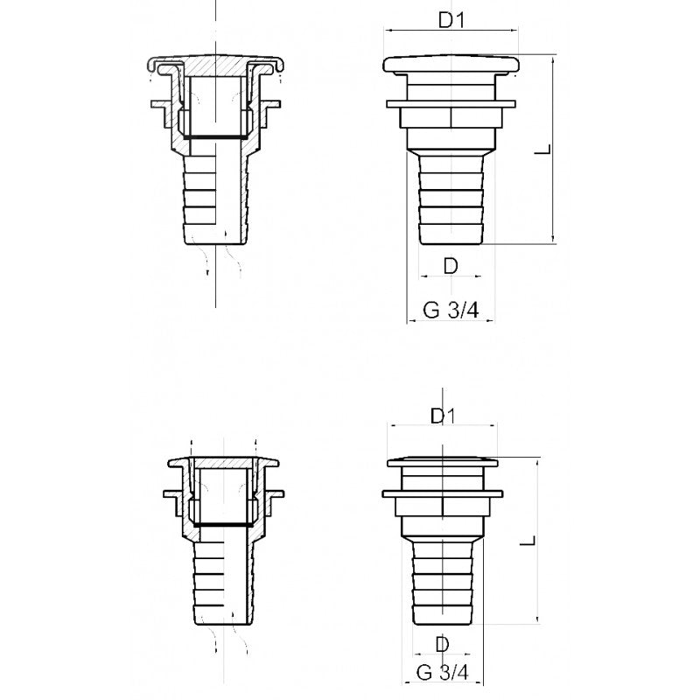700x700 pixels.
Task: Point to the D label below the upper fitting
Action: pyautogui.click(x=450, y=266)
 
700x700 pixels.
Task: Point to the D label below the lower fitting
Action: pyautogui.click(x=443, y=644)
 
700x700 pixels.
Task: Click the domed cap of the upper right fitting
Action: pyautogui.click(x=451, y=66)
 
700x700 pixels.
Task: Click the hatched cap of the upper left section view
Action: pyautogui.click(x=215, y=66)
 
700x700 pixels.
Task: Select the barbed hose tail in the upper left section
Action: pyautogui.click(x=215, y=201)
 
